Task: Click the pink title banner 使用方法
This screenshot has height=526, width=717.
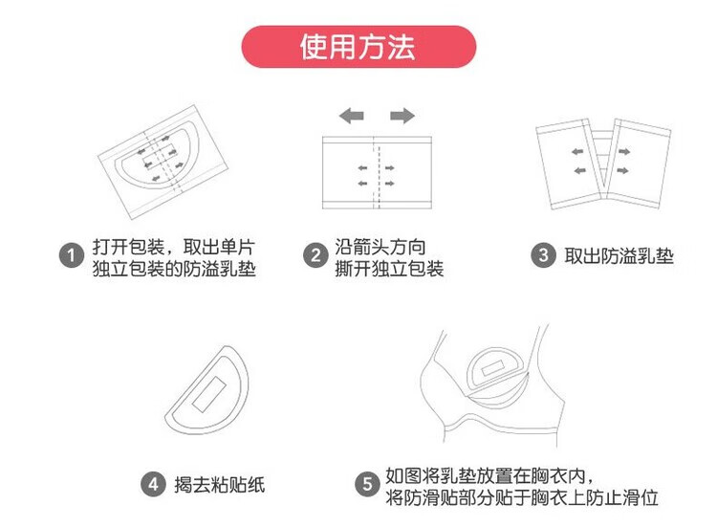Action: [358, 47]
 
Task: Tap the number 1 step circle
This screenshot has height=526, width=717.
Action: [71, 256]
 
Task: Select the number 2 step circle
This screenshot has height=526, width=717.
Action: [315, 256]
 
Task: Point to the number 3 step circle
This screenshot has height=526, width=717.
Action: [543, 256]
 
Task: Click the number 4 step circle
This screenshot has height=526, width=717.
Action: [152, 485]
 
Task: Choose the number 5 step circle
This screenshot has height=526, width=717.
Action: [366, 485]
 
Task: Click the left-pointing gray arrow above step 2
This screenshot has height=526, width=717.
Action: [351, 116]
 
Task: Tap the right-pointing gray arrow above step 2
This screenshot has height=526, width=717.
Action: [402, 116]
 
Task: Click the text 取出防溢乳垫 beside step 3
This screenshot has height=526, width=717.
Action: [619, 256]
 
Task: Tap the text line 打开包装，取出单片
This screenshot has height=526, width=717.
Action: [173, 247]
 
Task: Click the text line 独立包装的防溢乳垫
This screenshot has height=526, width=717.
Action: [174, 269]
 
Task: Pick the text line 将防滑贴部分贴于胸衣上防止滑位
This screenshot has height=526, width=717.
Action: [522, 497]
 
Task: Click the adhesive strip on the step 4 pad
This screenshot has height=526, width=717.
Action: [208, 391]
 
